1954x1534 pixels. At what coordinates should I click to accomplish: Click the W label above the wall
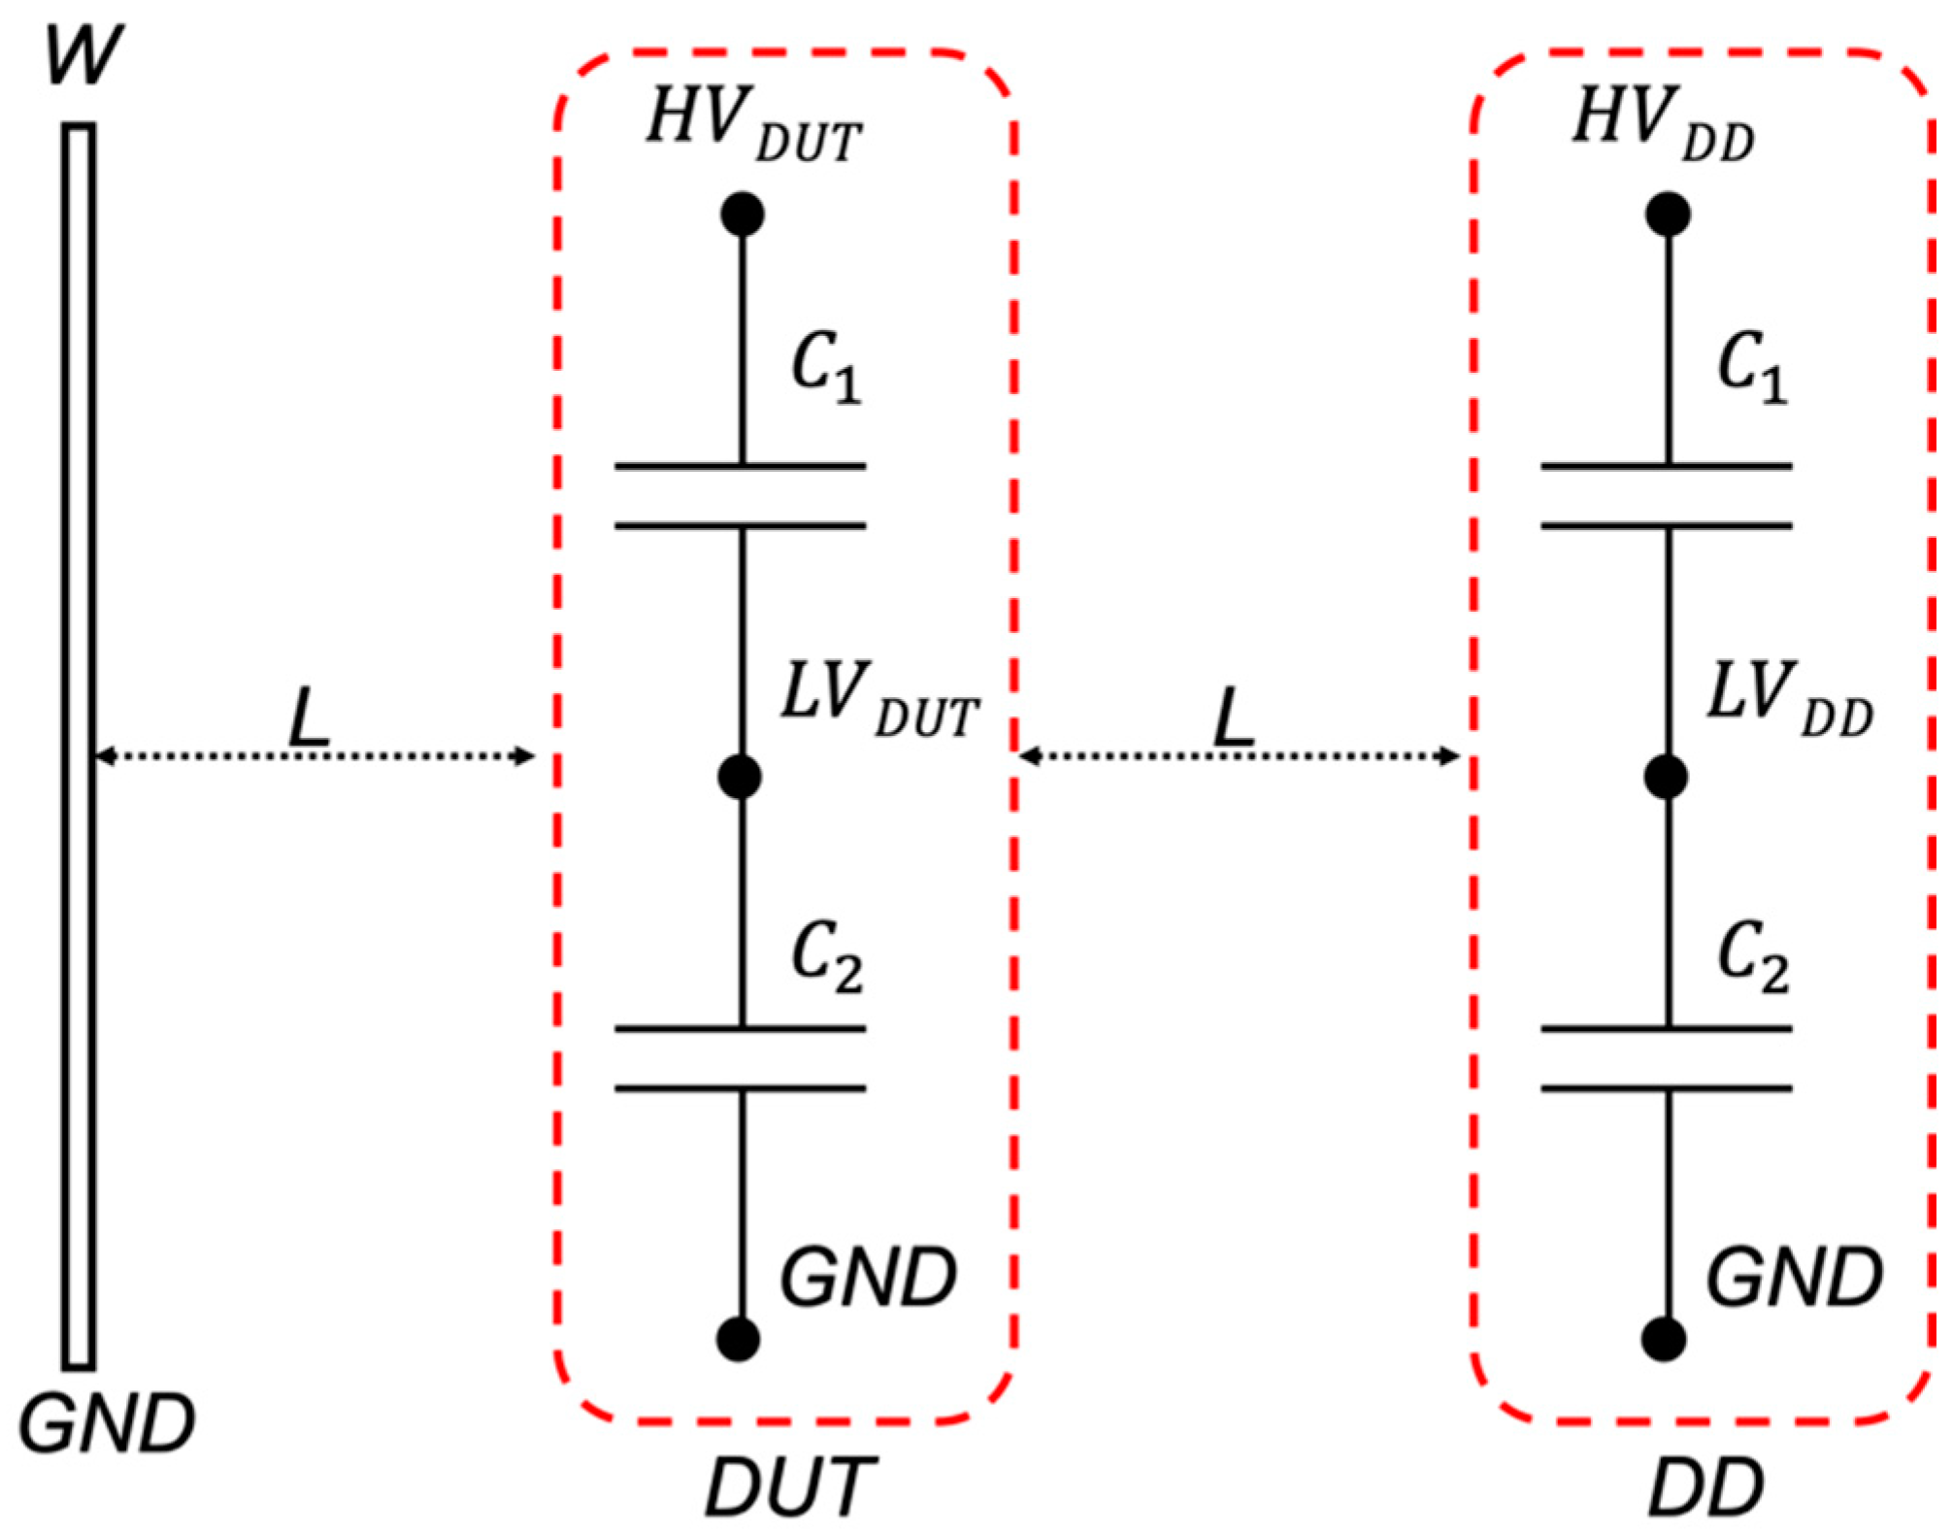coord(83,55)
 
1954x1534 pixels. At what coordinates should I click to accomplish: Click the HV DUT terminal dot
coord(743,215)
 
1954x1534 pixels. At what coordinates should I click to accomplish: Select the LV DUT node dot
coord(740,777)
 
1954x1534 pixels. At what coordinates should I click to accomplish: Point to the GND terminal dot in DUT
coord(738,1339)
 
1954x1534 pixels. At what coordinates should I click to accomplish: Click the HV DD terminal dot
coord(1668,215)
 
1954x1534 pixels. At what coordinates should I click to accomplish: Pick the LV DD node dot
coord(1666,777)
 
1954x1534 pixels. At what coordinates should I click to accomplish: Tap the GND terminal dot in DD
coord(1664,1339)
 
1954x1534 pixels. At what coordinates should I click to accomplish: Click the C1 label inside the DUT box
coord(826,368)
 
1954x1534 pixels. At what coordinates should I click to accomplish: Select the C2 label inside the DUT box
coord(826,957)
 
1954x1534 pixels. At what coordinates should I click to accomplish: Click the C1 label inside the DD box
coord(1752,368)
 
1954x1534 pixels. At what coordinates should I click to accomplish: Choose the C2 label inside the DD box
coord(1752,957)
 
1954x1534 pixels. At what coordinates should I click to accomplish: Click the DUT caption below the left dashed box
coord(789,1486)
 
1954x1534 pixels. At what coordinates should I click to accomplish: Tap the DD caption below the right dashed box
coord(1706,1486)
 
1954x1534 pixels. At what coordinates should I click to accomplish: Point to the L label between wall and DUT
coord(310,718)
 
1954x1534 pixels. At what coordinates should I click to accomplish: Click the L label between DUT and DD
coord(1235,718)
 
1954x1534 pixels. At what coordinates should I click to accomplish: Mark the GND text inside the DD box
coord(1794,1277)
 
